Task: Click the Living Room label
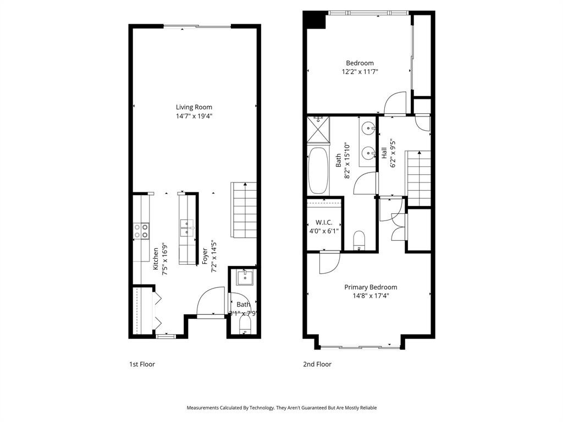point(194,107)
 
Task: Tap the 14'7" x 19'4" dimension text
point(194,116)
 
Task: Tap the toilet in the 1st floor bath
point(244,327)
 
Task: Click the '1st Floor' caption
point(142,364)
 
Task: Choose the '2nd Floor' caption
point(317,364)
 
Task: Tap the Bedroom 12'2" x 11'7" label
point(360,67)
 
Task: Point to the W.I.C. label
point(324,223)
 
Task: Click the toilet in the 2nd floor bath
point(358,240)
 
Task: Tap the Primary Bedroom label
point(370,287)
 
